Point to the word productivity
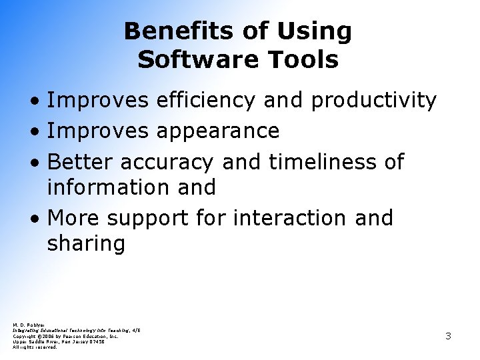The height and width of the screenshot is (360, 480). point(373,101)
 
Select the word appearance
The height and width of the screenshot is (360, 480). point(217,131)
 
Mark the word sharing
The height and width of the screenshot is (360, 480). point(86,244)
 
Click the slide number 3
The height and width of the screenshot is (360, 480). point(448,336)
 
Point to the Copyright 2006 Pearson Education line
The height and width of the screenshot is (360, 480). point(65,336)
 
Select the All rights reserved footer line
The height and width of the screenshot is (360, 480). point(35,347)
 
